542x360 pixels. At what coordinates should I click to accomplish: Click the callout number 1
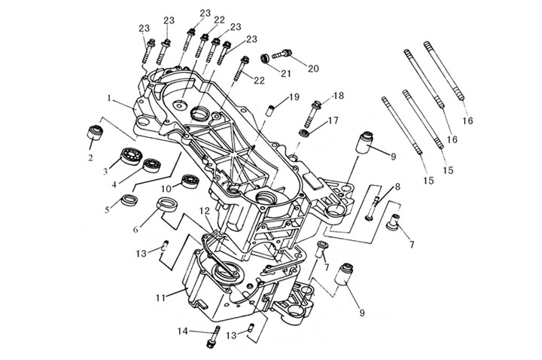[109, 98]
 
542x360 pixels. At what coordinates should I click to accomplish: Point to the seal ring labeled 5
[129, 200]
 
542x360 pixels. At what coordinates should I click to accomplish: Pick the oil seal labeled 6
[166, 206]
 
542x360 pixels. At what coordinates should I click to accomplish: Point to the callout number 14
[182, 330]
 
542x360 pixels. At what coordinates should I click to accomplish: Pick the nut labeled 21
[265, 58]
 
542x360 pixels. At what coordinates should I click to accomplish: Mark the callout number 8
[397, 186]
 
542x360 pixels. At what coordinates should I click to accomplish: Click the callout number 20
[313, 68]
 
